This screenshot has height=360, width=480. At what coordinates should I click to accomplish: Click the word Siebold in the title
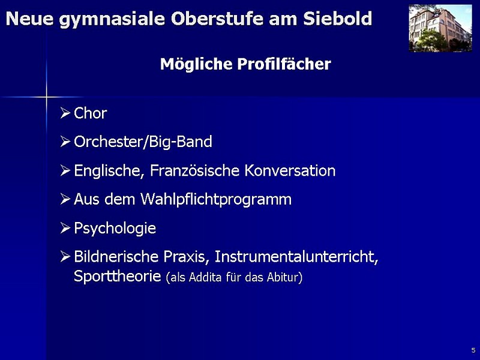(337, 19)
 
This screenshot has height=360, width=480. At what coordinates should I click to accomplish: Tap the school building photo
(440, 28)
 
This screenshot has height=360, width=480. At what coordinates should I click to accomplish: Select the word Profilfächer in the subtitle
(284, 64)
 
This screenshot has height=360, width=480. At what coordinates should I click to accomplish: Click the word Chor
(91, 113)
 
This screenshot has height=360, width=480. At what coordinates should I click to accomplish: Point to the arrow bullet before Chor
(65, 113)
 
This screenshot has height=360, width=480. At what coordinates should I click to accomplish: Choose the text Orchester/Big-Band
(143, 142)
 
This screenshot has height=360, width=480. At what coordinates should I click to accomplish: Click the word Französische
(194, 170)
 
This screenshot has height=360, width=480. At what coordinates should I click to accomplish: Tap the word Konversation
(290, 170)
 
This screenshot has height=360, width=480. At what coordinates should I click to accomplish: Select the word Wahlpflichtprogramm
(216, 200)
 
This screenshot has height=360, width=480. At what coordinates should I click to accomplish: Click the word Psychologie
(115, 229)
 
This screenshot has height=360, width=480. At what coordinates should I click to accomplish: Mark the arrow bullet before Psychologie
(65, 228)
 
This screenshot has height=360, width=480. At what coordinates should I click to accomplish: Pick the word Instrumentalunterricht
(296, 257)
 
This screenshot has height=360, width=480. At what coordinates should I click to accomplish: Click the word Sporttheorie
(118, 277)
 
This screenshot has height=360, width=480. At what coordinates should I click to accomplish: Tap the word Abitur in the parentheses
(284, 277)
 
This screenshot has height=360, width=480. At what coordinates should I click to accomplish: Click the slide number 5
(473, 350)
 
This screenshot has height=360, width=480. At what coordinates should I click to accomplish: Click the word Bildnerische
(116, 257)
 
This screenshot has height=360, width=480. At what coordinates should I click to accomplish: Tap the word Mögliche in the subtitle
(196, 64)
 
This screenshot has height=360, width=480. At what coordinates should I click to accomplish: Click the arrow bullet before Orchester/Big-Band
(65, 142)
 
